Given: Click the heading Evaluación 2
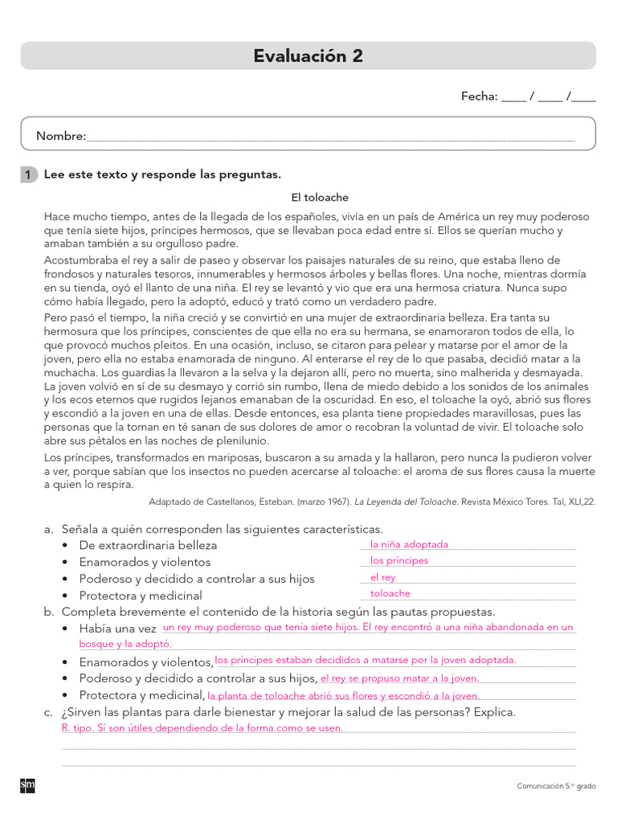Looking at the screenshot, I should [308, 55].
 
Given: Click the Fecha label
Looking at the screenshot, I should [479, 96].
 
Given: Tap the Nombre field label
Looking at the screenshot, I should [61, 137].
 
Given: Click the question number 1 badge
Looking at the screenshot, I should [28, 174].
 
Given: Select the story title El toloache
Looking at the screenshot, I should [320, 197].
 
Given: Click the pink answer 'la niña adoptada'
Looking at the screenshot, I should [409, 544].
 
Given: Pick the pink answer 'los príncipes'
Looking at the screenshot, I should [399, 561].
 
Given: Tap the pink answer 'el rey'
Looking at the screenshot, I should [382, 578].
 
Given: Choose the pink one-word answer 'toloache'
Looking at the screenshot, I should [390, 594].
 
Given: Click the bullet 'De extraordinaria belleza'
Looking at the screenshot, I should [148, 545].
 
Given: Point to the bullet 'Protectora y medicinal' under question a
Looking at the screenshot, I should [140, 596].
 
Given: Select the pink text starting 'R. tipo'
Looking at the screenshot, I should [202, 728].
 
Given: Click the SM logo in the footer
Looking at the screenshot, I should [27, 785].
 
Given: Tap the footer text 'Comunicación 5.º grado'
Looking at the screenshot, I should [556, 786].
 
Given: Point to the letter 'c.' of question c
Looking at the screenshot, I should [49, 712].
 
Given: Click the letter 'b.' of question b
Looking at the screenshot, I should [49, 612].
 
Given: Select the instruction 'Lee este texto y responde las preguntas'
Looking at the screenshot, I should [162, 174].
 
